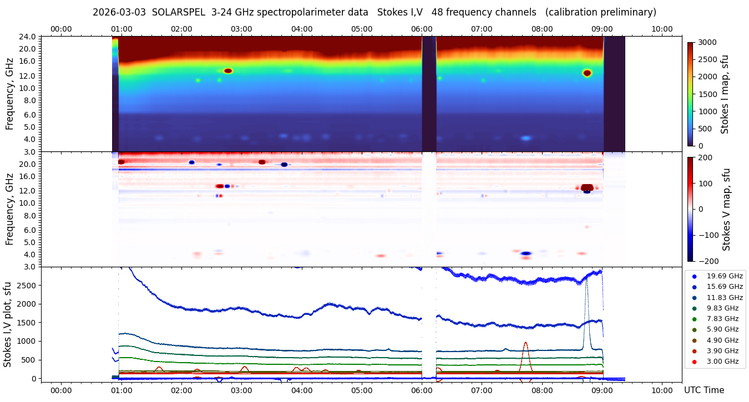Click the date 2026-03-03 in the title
pyautogui.click(x=119, y=12)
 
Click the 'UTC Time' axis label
pyautogui.click(x=704, y=390)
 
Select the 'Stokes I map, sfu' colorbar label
pyautogui.click(x=725, y=94)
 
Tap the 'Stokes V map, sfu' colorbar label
pyautogui.click(x=727, y=209)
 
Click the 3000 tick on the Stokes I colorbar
pyautogui.click(x=707, y=42)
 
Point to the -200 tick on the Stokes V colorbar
pyautogui.click(x=707, y=261)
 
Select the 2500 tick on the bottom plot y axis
pyautogui.click(x=28, y=285)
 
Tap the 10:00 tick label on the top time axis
pyautogui.click(x=662, y=29)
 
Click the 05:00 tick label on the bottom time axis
pyautogui.click(x=362, y=390)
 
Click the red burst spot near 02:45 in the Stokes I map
pyautogui.click(x=227, y=70)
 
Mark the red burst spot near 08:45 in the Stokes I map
pyautogui.click(x=587, y=73)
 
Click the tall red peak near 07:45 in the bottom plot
pyautogui.click(x=525, y=344)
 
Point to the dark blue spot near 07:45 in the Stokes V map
pyautogui.click(x=526, y=253)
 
